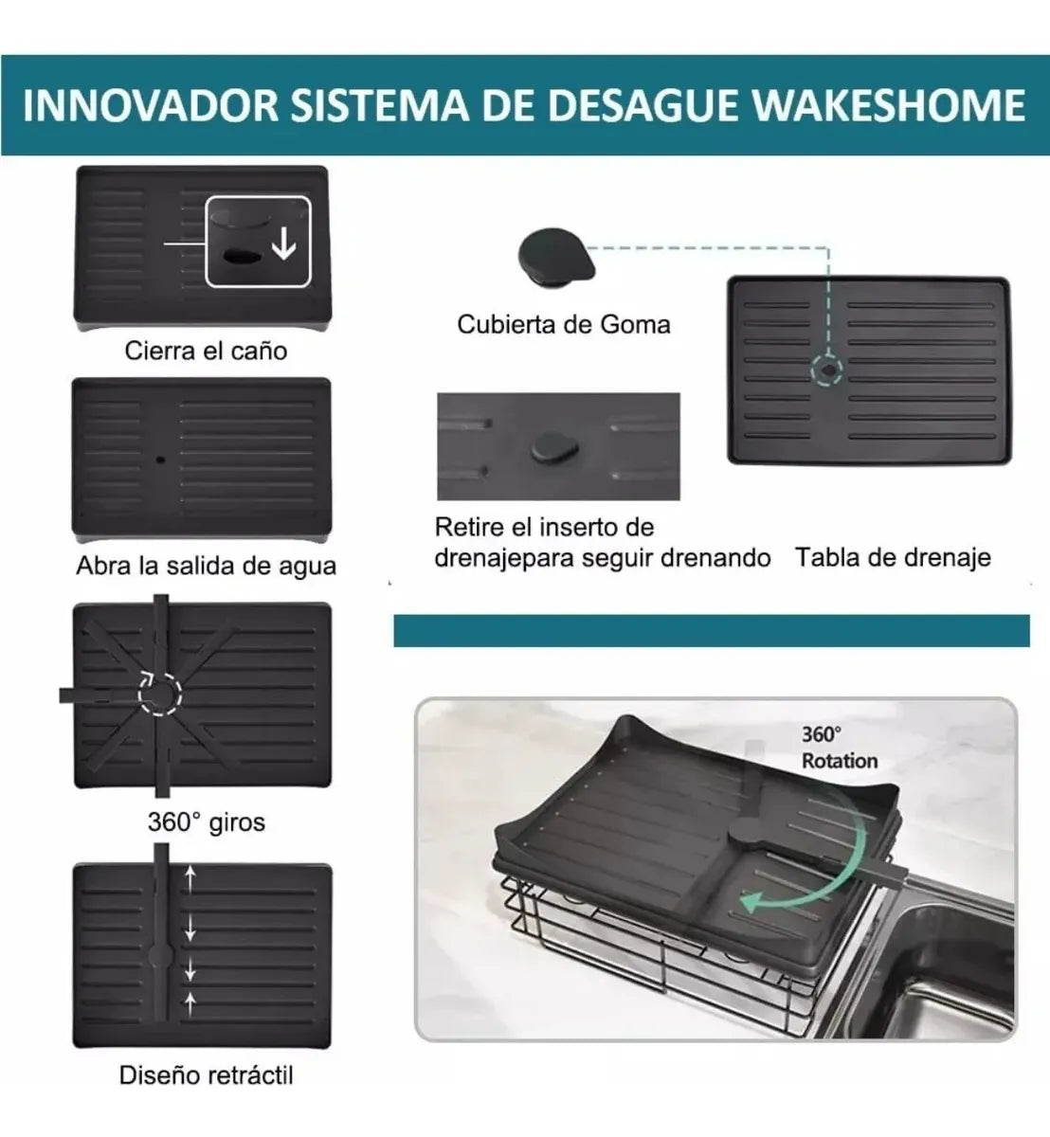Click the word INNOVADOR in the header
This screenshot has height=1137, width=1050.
(150, 105)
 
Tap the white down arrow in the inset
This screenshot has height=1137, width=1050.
(283, 244)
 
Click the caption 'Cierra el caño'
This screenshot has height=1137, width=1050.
(206, 351)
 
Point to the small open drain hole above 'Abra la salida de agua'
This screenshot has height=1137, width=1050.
(160, 460)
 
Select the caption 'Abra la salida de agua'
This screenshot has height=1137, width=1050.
(206, 567)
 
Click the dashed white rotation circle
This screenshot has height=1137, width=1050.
(160, 694)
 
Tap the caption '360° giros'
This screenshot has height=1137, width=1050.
(207, 822)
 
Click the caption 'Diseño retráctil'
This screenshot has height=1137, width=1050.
(206, 1075)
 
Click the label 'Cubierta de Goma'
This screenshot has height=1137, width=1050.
(564, 325)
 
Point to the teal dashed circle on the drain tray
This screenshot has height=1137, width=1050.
(826, 370)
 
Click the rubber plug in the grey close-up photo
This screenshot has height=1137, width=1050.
(554, 447)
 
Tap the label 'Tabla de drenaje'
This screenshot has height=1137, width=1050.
(893, 557)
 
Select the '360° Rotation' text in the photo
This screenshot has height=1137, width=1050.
(840, 748)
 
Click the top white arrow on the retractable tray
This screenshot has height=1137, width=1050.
(190, 878)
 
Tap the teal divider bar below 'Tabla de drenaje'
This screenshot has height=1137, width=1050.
(712, 631)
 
